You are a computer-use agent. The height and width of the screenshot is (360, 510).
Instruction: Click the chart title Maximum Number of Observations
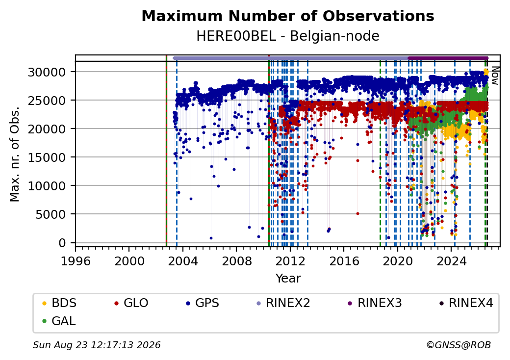coord(288,16)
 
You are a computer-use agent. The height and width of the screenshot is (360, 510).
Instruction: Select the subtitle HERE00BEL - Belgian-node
coord(288,36)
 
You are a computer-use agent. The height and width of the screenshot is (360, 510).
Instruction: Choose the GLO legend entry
coord(131,303)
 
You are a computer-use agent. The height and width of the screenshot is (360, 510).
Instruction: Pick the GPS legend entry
coord(203,303)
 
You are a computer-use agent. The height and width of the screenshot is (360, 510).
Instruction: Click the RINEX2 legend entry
coord(283,303)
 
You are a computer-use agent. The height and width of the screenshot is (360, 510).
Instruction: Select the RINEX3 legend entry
coord(375,303)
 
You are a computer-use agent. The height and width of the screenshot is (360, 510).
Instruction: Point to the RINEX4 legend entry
coord(466,303)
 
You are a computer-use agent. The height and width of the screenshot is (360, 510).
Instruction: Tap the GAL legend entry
coord(59,321)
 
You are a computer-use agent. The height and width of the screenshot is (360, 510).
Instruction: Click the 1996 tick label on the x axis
coord(76,261)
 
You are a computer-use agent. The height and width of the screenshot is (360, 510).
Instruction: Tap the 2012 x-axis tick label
coord(290,261)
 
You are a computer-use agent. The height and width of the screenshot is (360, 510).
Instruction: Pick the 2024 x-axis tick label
coord(451,261)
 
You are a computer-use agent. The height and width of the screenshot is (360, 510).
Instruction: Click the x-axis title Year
coord(288,279)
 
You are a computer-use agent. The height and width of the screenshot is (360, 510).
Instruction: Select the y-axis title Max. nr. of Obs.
coord(15,154)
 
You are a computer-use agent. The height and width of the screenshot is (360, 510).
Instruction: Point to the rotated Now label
coord(495,76)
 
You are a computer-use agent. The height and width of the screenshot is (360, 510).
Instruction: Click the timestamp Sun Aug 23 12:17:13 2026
coord(97,345)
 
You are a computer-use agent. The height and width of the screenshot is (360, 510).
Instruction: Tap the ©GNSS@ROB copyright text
coord(459,345)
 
